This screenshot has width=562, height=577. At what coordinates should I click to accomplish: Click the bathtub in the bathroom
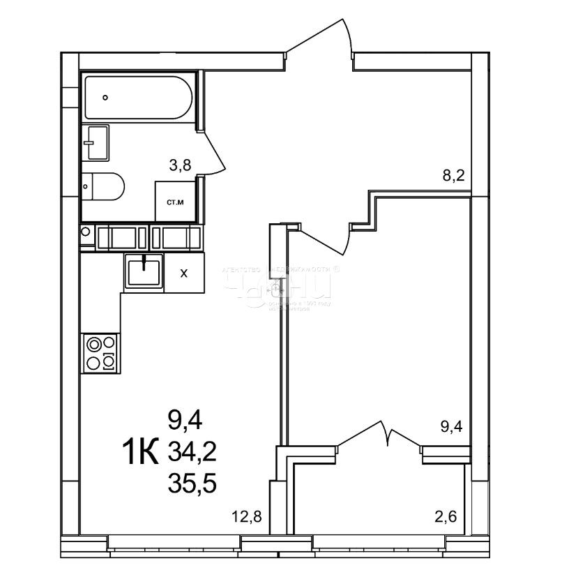point(137,98)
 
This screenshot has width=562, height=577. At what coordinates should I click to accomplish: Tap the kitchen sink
point(144,271)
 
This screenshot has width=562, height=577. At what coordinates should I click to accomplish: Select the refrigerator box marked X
point(184,273)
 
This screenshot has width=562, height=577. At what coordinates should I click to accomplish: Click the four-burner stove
point(100,352)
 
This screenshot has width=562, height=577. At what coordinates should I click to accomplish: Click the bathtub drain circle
point(105,98)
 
